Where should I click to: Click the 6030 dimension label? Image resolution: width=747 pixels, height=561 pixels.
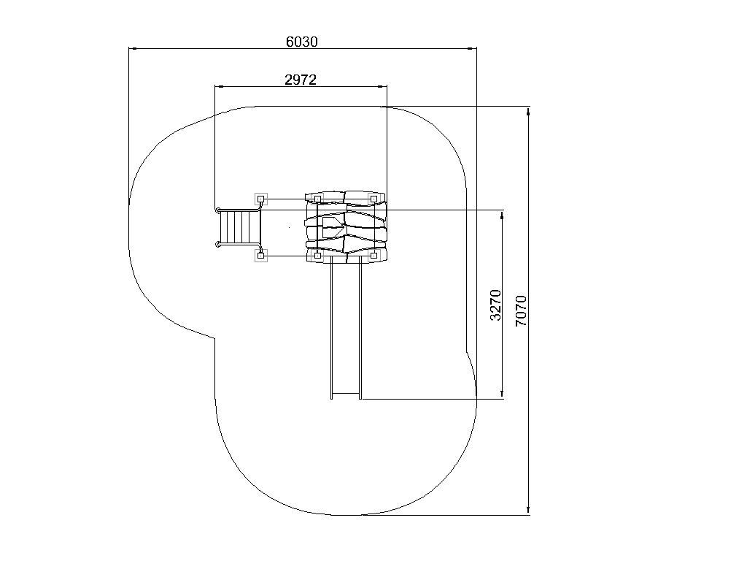pyautogui.click(x=301, y=42)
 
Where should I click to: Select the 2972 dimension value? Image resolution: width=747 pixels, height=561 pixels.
pyautogui.click(x=301, y=80)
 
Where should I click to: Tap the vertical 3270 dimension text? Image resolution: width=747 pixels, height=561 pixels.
pyautogui.click(x=496, y=305)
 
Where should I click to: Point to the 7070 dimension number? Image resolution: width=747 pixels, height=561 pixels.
pyautogui.click(x=522, y=311)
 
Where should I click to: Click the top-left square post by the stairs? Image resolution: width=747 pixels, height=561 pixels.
pyautogui.click(x=260, y=199)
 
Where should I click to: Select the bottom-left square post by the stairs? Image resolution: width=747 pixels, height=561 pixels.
pyautogui.click(x=260, y=256)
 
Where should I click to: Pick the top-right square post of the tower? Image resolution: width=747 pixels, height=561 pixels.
pyautogui.click(x=374, y=199)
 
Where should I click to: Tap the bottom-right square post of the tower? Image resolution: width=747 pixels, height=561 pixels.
pyautogui.click(x=374, y=256)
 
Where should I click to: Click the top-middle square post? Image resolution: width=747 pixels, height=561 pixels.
pyautogui.click(x=318, y=199)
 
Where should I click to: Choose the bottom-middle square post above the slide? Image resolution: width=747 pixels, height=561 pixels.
pyautogui.click(x=318, y=256)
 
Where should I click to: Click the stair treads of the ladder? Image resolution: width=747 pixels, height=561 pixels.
pyautogui.click(x=239, y=228)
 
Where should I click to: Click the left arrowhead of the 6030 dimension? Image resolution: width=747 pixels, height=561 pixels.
pyautogui.click(x=133, y=48)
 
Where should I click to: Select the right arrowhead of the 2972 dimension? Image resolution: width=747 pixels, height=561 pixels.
pyautogui.click(x=382, y=86)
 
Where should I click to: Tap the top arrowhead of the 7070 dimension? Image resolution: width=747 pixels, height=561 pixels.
pyautogui.click(x=528, y=112)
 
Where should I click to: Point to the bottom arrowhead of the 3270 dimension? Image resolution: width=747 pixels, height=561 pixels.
pyautogui.click(x=502, y=394)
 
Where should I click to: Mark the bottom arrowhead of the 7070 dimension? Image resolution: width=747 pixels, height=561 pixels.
pyautogui.click(x=528, y=510)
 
